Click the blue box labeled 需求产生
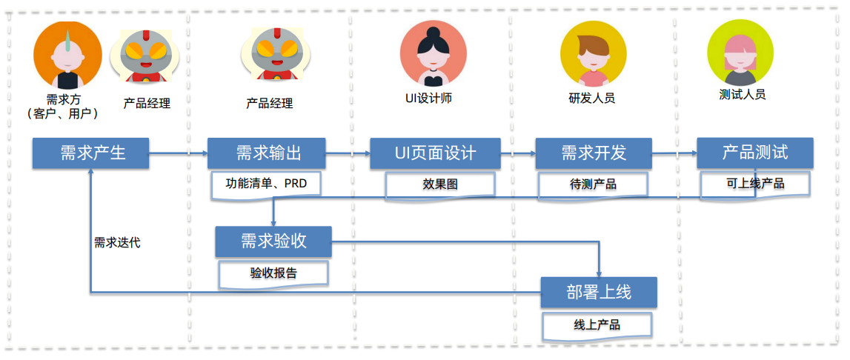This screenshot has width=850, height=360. click(91, 153)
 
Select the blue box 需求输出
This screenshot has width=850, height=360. click(267, 153)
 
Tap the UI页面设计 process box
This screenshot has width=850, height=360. click(435, 153)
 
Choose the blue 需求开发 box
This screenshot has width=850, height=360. click(594, 153)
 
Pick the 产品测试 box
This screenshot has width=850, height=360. click(754, 153)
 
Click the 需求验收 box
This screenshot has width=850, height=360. click(273, 241)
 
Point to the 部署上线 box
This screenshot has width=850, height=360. click(598, 293)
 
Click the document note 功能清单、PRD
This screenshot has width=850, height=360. click(266, 184)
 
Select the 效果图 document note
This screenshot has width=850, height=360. click(440, 184)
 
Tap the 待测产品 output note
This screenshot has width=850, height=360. click(593, 184)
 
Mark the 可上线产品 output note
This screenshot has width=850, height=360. click(754, 183)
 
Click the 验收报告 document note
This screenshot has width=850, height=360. click(273, 273)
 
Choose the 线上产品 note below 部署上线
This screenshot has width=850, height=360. click(597, 324)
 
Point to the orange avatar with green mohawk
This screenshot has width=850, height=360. click(67, 56)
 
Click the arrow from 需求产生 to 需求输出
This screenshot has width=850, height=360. click(178, 153)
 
